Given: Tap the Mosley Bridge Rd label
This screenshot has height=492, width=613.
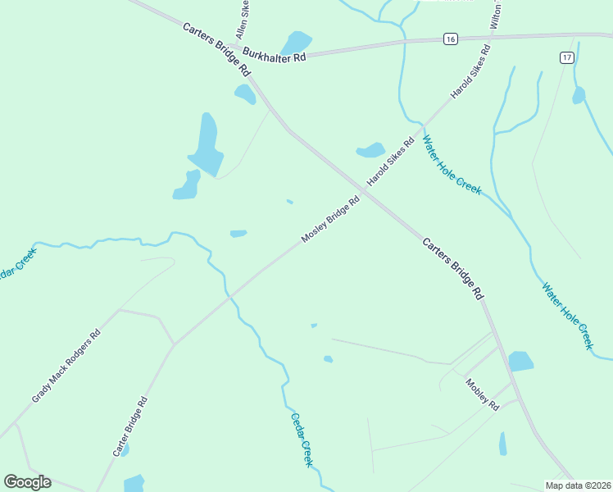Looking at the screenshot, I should pos(330,219).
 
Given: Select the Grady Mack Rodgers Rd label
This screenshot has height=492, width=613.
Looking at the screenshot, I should pos(66,366).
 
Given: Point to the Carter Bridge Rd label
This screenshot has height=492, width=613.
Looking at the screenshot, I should pos(130,426).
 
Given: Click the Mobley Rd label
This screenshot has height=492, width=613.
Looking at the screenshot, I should pos(482,394).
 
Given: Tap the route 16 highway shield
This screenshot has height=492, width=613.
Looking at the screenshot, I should pos(449,39).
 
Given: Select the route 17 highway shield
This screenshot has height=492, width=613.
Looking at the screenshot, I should pos(566,57).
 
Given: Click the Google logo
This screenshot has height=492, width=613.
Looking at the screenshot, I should pos(27,481).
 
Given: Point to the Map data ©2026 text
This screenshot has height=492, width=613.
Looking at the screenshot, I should pos(577,485).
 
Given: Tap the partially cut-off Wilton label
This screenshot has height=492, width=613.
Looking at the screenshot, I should pos(497,15).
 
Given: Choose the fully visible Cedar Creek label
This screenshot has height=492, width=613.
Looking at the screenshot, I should pos(302,439).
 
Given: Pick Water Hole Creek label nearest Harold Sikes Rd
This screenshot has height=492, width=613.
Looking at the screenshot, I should pos(451,164).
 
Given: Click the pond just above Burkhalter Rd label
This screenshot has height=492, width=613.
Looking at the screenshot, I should pos(296,41).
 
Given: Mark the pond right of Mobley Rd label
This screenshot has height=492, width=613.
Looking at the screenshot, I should pos(520,361).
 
